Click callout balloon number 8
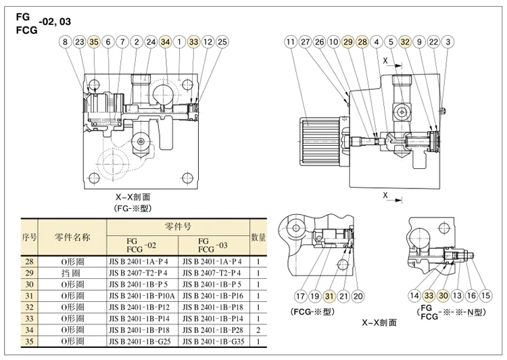click(66, 42)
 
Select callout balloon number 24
click(151, 42)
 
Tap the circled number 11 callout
click(291, 42)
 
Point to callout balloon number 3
click(448, 42)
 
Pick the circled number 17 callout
click(300, 296)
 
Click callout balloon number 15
click(485, 295)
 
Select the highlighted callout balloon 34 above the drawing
click(165, 42)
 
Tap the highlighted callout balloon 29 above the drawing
click(348, 42)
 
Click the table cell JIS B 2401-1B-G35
click(214, 341)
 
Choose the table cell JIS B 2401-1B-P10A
click(142, 296)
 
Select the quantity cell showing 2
click(258, 330)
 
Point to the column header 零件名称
click(72, 238)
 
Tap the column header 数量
click(258, 238)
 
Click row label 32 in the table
click(30, 307)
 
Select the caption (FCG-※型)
click(312, 312)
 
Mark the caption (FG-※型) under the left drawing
click(132, 208)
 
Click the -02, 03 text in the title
click(55, 22)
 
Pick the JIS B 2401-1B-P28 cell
click(213, 330)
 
